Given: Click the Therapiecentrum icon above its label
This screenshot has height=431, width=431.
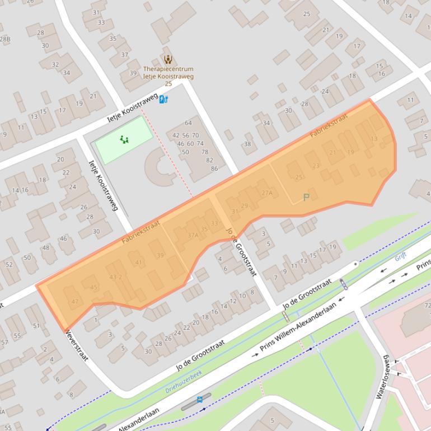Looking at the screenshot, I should (167, 59).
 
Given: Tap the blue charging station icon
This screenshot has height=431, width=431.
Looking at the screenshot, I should (163, 100).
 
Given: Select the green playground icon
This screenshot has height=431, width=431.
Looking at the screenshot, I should (124, 139).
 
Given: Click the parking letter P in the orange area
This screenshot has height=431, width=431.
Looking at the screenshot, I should (306, 198).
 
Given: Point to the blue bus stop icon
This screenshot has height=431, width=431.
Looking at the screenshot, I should (200, 400).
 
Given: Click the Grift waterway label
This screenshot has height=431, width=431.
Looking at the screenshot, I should (401, 256).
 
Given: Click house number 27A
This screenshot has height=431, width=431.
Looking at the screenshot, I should (267, 193).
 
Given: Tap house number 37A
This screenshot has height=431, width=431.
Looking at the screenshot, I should (193, 236).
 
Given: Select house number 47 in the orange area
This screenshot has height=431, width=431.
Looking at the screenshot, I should (75, 302).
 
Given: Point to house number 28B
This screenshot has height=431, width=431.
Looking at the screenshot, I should (5, 39).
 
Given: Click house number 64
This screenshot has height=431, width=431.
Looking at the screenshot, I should (188, 123).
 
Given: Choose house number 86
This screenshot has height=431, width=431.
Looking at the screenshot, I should (214, 168).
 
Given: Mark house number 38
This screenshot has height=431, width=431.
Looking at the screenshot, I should (247, 144).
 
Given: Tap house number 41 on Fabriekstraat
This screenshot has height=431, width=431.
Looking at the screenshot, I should (139, 263).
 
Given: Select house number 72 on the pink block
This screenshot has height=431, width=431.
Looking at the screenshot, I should (427, 306).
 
